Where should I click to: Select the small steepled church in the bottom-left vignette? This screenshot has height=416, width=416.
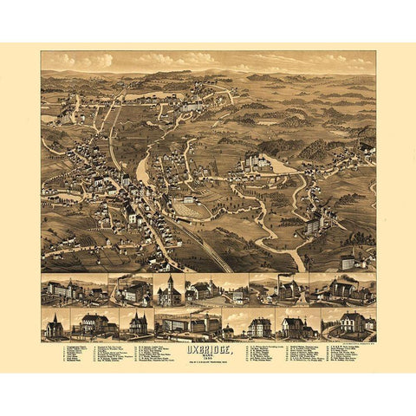[54, 327]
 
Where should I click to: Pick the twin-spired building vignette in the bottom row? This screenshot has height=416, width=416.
[138, 324]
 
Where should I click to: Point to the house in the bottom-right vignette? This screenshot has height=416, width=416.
[351, 324]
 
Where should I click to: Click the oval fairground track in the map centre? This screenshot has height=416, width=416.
[192, 209]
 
